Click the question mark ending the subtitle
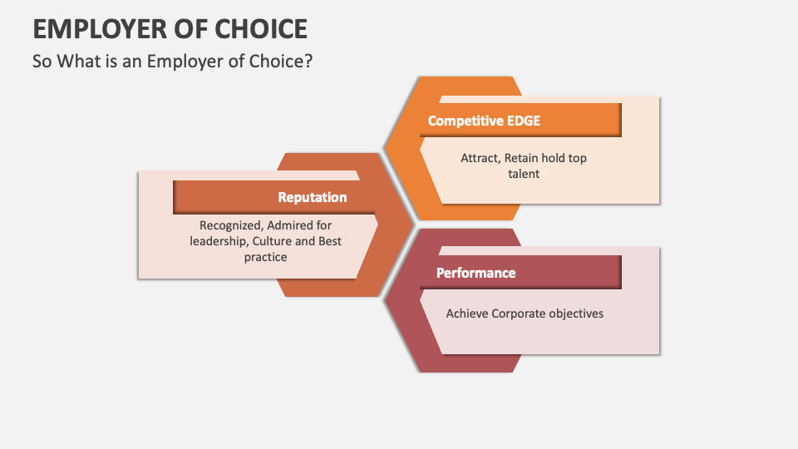[x=308, y=62]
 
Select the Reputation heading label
[x=313, y=197]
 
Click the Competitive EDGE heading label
[x=484, y=121]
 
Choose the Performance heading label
[x=475, y=273]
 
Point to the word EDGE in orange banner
[x=524, y=121]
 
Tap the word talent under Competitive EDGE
[x=524, y=174]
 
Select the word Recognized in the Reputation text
[x=230, y=224]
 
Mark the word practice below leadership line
[x=265, y=257]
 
